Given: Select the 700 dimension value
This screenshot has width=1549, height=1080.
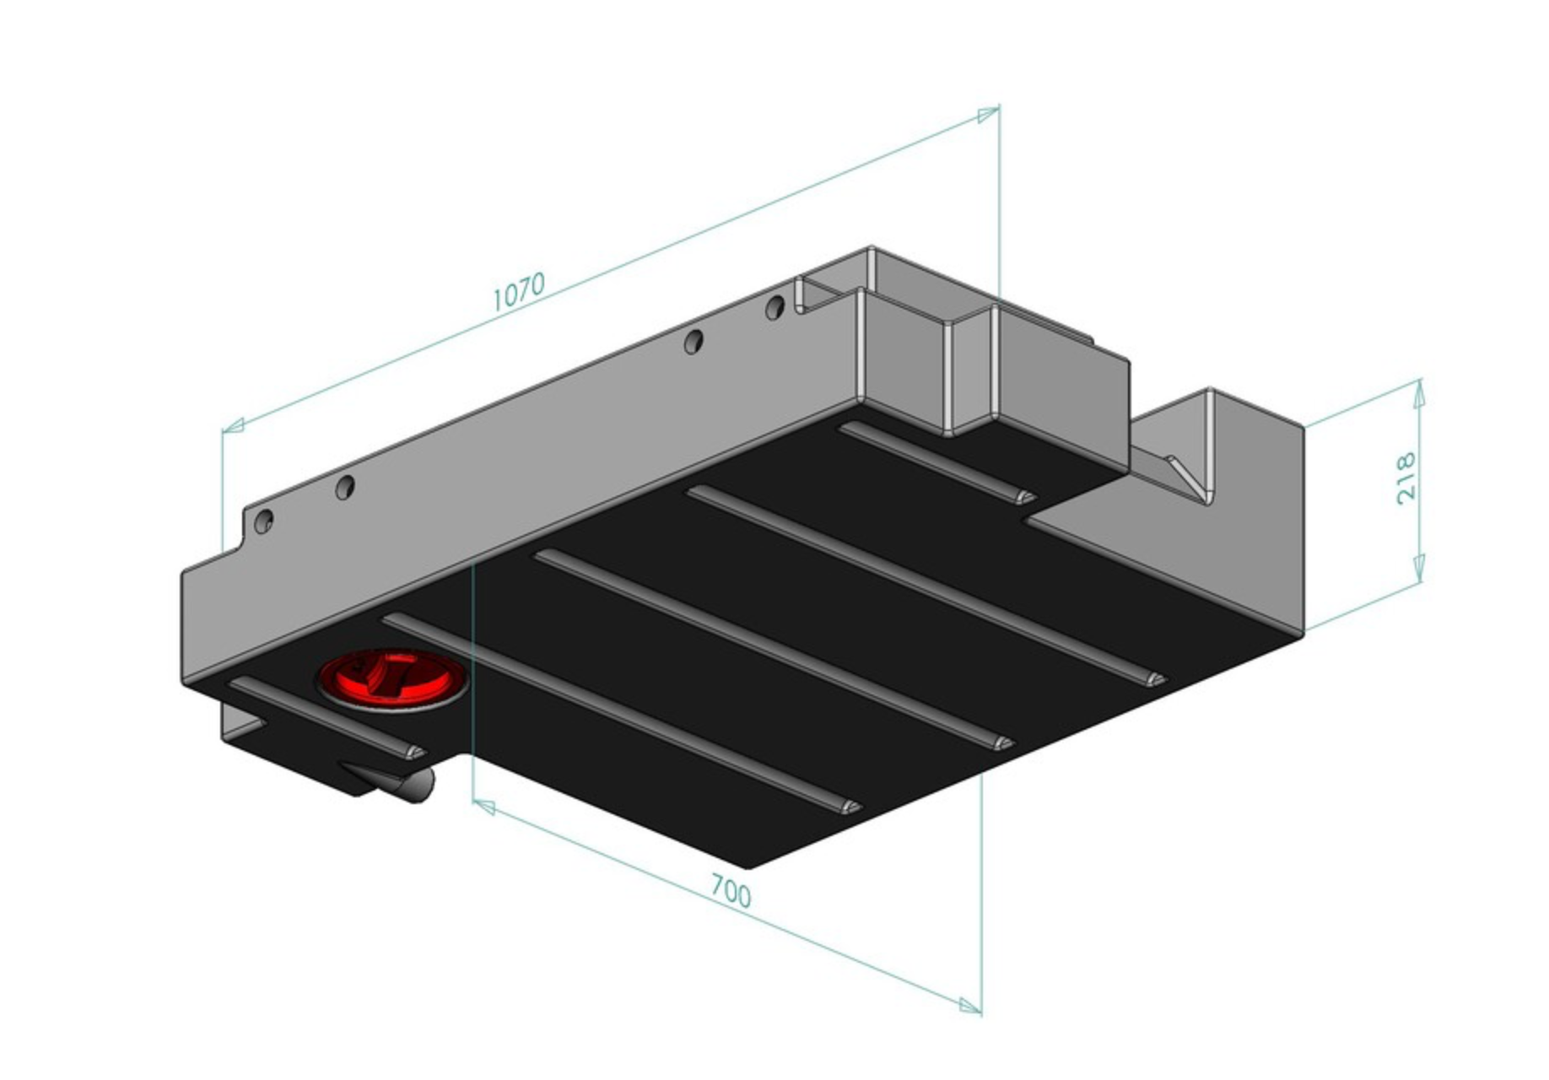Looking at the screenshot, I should tap(730, 892).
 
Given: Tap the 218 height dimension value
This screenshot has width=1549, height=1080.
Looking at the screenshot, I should tap(1406, 478).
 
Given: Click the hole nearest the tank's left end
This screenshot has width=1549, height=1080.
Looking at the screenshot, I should tap(263, 521).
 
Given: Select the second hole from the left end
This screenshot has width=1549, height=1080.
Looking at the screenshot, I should tap(344, 487).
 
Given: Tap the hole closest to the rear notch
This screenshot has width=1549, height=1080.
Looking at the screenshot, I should tap(774, 308).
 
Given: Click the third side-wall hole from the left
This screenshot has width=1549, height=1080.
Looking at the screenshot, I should tap(693, 342).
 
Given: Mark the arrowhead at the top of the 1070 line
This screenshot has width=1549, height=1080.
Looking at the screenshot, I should tap(987, 114).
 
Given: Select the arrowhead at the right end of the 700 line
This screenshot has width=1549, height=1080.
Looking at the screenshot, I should tap(970, 1005).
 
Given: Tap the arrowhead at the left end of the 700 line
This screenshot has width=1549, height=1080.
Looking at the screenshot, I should tap(483, 807).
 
